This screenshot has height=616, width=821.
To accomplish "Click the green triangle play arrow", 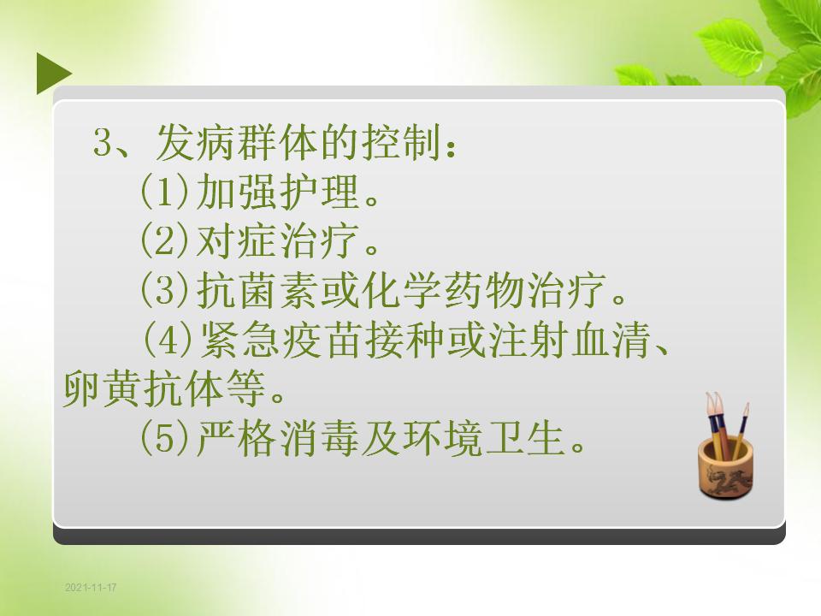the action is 52,74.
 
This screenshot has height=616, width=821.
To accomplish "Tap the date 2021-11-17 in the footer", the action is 91,587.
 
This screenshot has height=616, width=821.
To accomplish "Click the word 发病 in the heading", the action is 196,143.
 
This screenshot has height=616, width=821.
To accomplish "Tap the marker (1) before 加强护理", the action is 164,191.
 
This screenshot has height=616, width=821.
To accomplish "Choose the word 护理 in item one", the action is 319,191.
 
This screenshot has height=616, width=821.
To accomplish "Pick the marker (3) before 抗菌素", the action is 164,289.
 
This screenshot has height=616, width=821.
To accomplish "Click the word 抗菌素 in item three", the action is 257,289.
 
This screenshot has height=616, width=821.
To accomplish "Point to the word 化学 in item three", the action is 402,289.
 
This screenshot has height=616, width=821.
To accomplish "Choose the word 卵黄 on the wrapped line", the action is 103,388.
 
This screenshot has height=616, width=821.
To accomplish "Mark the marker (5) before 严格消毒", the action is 164,438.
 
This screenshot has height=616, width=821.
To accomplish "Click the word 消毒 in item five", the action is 319,438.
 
